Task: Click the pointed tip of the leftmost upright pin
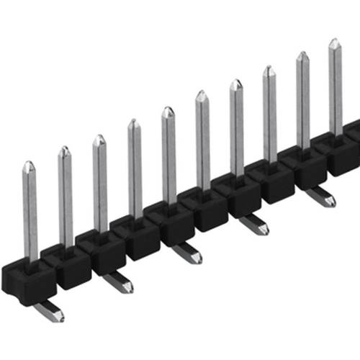(28, 166)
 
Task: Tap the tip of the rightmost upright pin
(335, 44)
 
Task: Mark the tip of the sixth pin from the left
(202, 95)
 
